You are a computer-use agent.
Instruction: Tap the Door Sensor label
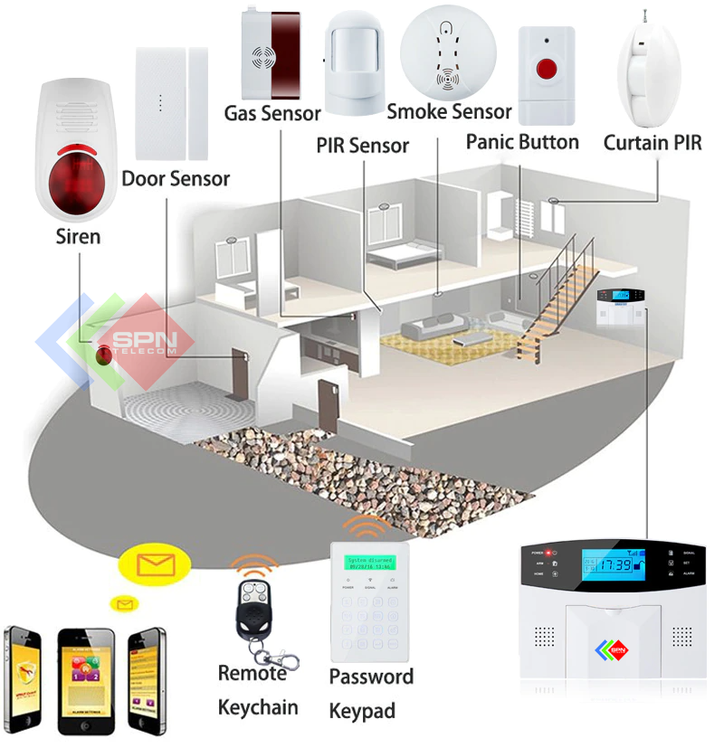click(176, 178)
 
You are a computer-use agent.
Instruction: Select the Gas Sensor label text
click(272, 113)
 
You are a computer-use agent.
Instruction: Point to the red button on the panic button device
click(547, 70)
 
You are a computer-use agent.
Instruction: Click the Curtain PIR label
click(653, 143)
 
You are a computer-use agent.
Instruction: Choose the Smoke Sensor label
click(449, 111)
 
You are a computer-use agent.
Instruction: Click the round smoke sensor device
click(449, 51)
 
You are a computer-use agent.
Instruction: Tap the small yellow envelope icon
click(120, 603)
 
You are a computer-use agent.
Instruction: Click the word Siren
click(78, 237)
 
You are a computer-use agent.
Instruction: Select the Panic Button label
click(522, 142)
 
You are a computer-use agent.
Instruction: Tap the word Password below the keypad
click(371, 677)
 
